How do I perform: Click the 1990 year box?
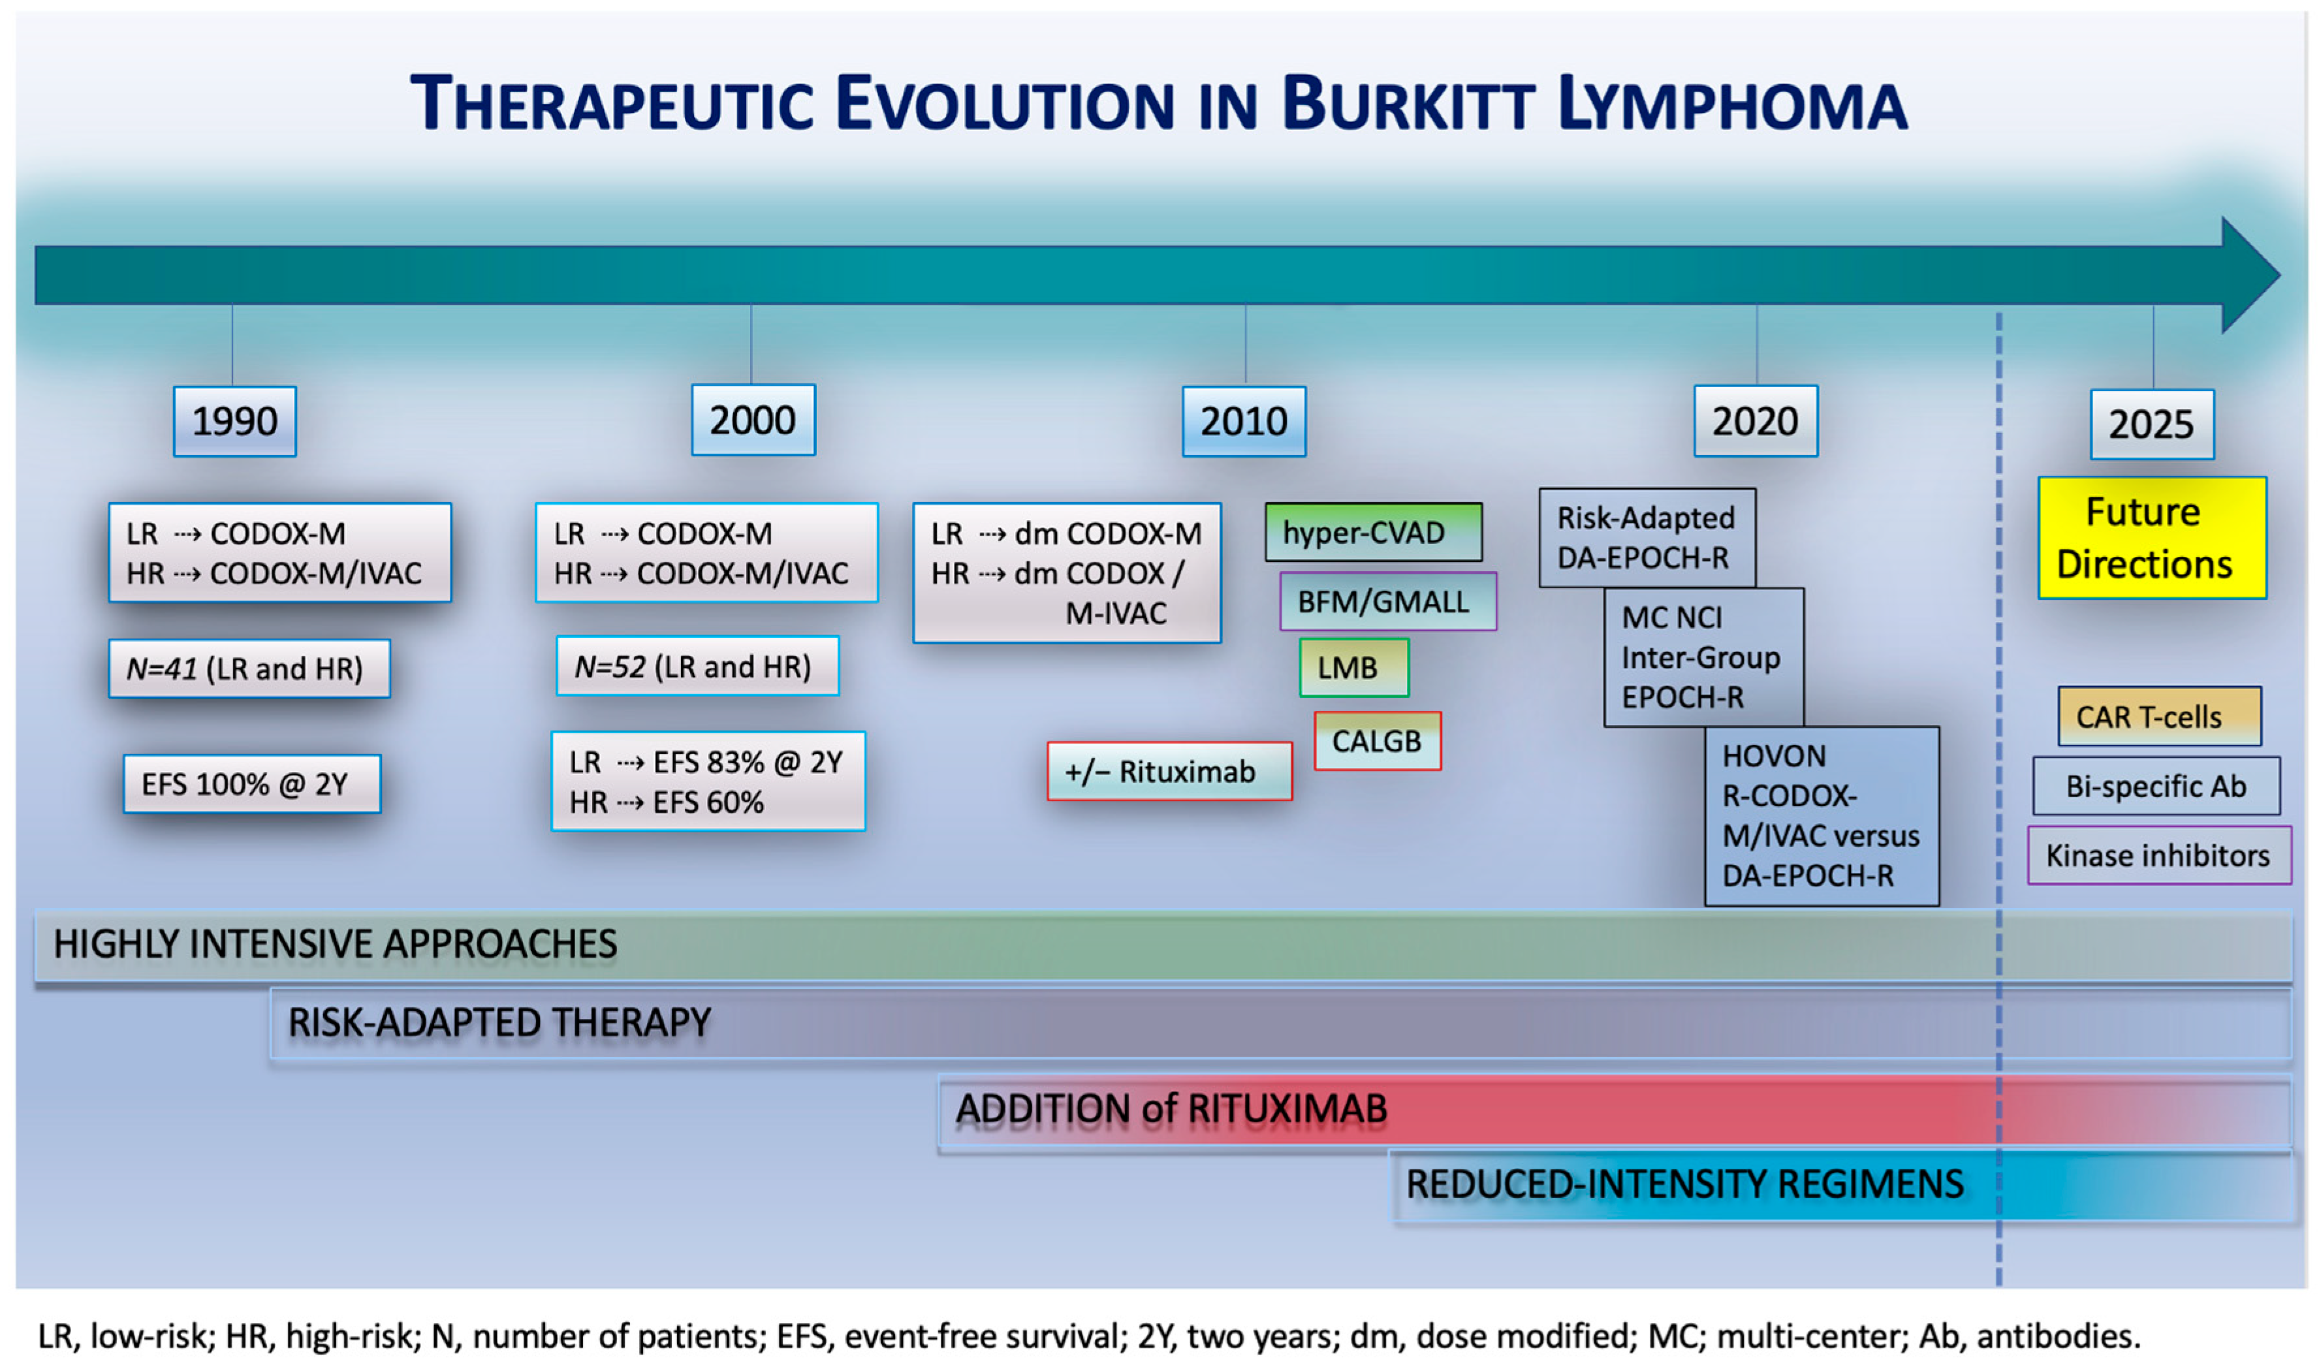tap(234, 422)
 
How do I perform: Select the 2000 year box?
tap(753, 420)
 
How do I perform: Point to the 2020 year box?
tap(1755, 422)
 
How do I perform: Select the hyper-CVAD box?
tap(1373, 532)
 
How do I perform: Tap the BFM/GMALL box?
tap(1388, 601)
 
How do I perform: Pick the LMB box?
tap(1353, 667)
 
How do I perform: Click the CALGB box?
tap(1377, 741)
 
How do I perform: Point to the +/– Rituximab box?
tap(1169, 772)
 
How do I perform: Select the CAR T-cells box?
tap(2159, 716)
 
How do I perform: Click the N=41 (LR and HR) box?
tap(249, 668)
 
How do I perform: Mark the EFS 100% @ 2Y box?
tap(251, 784)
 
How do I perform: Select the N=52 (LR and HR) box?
tap(697, 667)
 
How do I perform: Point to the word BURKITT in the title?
tap(1408, 104)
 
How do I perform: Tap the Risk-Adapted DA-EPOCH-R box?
tap(1647, 537)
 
